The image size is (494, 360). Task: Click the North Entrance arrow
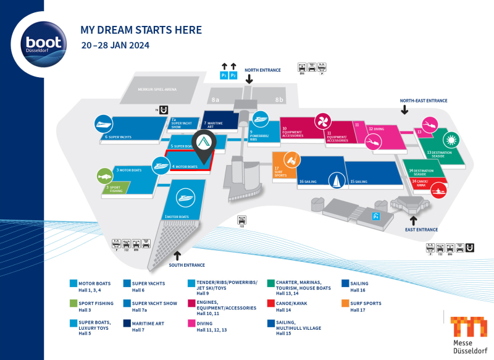click(x=249, y=80)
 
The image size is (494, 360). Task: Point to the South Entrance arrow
click(x=177, y=255)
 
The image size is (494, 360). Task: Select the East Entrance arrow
click(x=414, y=220)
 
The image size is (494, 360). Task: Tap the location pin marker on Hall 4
click(x=204, y=143)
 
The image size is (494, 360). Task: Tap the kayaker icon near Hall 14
click(x=438, y=189)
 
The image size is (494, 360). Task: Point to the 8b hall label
click(x=280, y=99)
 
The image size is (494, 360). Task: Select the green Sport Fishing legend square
click(x=73, y=303)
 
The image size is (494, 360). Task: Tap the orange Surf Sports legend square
click(x=345, y=303)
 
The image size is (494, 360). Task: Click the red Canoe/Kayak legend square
click(x=271, y=303)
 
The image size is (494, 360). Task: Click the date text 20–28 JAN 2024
click(x=115, y=45)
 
